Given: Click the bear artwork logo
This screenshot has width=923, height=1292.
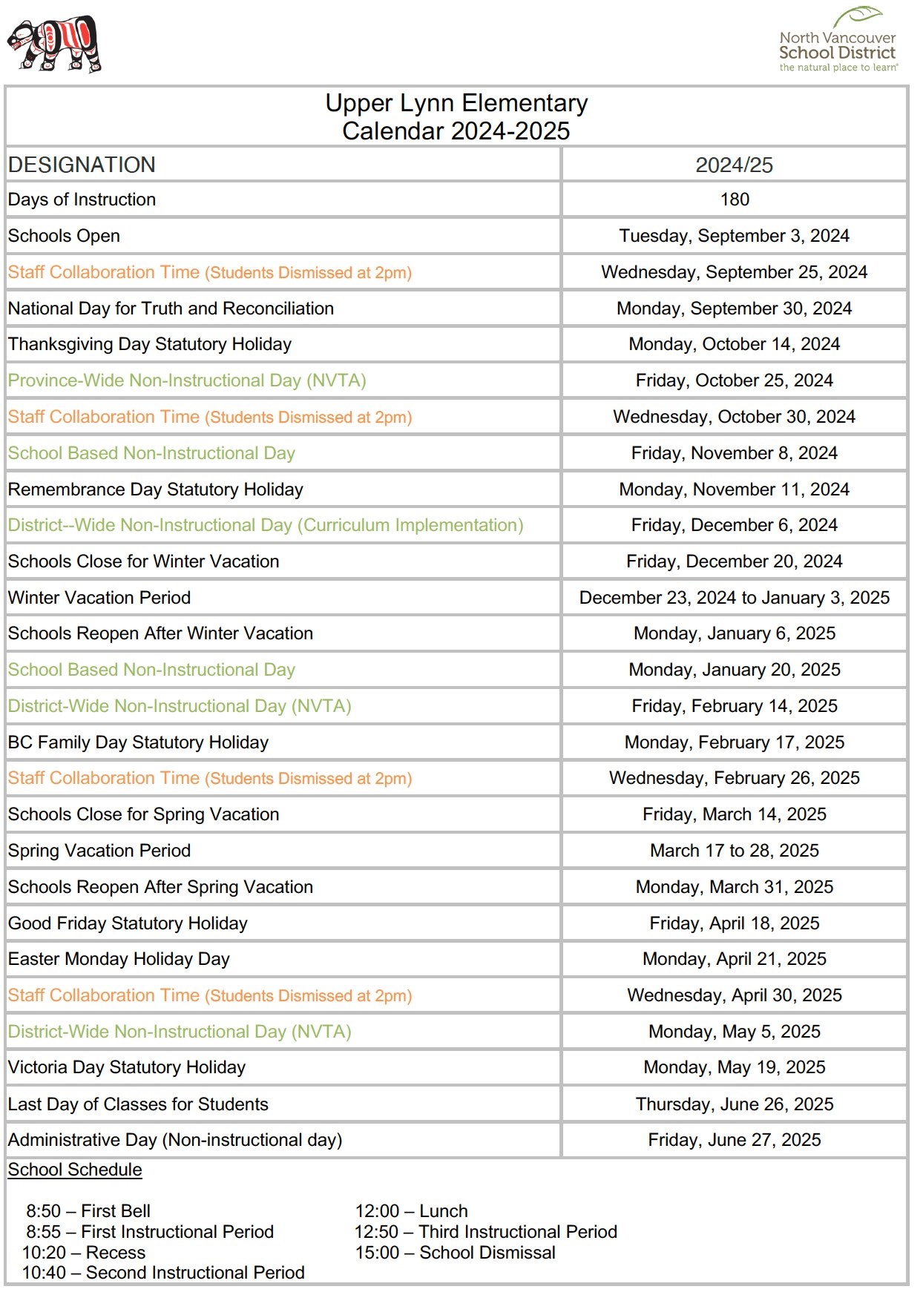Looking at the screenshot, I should pyautogui.click(x=53, y=44).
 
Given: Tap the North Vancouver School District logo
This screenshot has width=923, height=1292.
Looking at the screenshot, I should pyautogui.click(x=838, y=42).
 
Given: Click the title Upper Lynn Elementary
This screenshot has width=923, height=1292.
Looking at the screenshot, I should pyautogui.click(x=456, y=103).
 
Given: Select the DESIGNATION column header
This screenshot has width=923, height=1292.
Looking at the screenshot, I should pyautogui.click(x=82, y=165).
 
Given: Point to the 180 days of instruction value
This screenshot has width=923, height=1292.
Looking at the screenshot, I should pyautogui.click(x=734, y=200).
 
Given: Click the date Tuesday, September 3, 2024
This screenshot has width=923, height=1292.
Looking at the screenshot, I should pyautogui.click(x=734, y=236).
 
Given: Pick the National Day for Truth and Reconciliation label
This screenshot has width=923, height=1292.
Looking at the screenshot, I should pyautogui.click(x=171, y=309).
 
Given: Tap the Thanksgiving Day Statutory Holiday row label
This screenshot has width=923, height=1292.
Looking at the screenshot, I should pyautogui.click(x=149, y=344).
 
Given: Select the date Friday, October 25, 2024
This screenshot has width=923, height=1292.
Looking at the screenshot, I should pyautogui.click(x=734, y=380).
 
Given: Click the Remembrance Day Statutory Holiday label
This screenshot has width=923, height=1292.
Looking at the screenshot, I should pyautogui.click(x=155, y=490).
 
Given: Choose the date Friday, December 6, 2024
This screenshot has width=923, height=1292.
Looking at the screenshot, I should pyautogui.click(x=734, y=525).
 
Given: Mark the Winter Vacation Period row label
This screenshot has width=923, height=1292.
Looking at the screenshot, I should pyautogui.click(x=99, y=598).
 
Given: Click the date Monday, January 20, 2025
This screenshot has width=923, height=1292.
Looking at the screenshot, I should pyautogui.click(x=734, y=670).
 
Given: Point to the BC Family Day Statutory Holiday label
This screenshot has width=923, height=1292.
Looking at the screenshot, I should pyautogui.click(x=138, y=742).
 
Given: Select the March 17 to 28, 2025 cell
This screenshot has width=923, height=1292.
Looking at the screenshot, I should pyautogui.click(x=734, y=851).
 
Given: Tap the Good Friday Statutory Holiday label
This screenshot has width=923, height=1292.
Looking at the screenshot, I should pyautogui.click(x=128, y=923).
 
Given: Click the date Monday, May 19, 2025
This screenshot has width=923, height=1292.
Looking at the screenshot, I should pyautogui.click(x=734, y=1067).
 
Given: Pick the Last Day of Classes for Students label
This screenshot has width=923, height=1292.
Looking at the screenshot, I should pyautogui.click(x=138, y=1104).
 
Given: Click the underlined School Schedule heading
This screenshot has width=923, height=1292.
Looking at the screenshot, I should pyautogui.click(x=75, y=1170).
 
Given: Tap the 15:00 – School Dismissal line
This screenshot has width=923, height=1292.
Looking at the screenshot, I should pyautogui.click(x=455, y=1253).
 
